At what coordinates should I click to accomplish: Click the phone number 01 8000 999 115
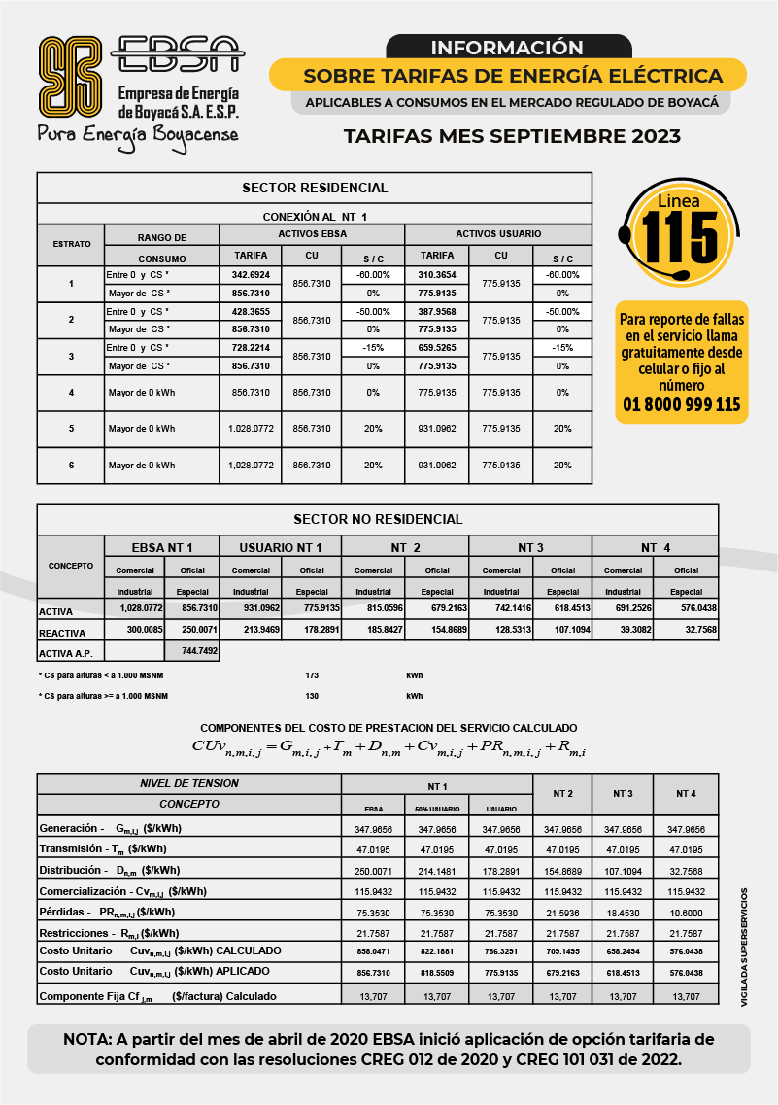[681, 405]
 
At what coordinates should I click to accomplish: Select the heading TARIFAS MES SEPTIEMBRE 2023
[512, 137]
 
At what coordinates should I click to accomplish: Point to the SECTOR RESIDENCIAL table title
[314, 188]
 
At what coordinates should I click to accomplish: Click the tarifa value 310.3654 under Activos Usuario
[436, 275]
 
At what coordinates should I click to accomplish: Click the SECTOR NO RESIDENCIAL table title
[378, 519]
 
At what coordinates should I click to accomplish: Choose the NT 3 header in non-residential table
[529, 548]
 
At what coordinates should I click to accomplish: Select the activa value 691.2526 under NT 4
[623, 608]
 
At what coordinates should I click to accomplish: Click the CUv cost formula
[389, 746]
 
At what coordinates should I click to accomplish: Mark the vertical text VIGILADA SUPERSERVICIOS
[745, 946]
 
